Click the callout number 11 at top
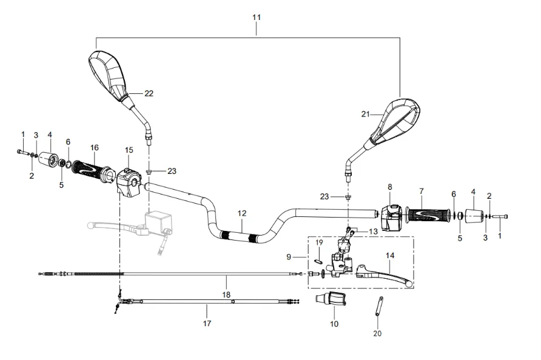(256, 18)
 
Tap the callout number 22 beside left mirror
(149, 93)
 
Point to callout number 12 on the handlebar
(242, 213)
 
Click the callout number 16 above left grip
(95, 147)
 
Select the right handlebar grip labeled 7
(429, 215)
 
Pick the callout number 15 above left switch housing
(129, 150)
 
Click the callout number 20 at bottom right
(378, 333)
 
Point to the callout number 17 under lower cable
(207, 324)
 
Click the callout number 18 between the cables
(226, 295)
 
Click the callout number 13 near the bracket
(373, 231)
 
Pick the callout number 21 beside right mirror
(365, 114)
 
